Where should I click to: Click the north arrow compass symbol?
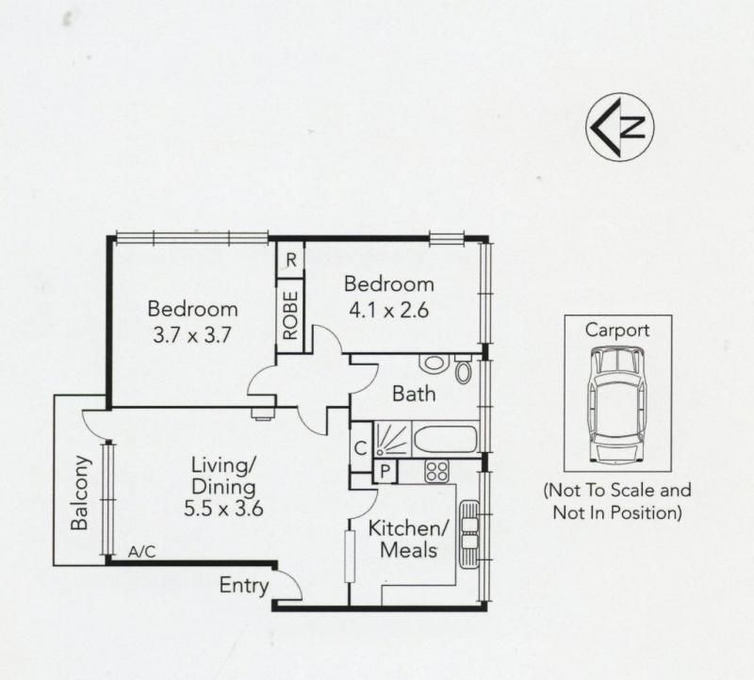(620, 127)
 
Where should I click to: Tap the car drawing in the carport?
(617, 405)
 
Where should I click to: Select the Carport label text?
(617, 331)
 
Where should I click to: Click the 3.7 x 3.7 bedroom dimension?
(192, 335)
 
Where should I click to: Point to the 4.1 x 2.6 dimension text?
(388, 310)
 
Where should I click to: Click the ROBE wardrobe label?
(290, 316)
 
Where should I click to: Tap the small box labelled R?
(291, 260)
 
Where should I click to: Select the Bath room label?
(414, 394)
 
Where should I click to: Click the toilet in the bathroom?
(463, 369)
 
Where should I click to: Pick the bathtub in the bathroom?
(446, 438)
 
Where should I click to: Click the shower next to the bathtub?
(392, 438)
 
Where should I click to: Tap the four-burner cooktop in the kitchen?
(436, 471)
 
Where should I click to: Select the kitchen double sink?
(469, 534)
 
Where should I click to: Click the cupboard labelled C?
(361, 448)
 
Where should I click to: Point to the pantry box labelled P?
(385, 471)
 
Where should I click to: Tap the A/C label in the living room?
(142, 552)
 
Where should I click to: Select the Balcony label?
(79, 493)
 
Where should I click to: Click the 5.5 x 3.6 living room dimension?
(223, 509)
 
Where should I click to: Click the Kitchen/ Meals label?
(408, 539)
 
